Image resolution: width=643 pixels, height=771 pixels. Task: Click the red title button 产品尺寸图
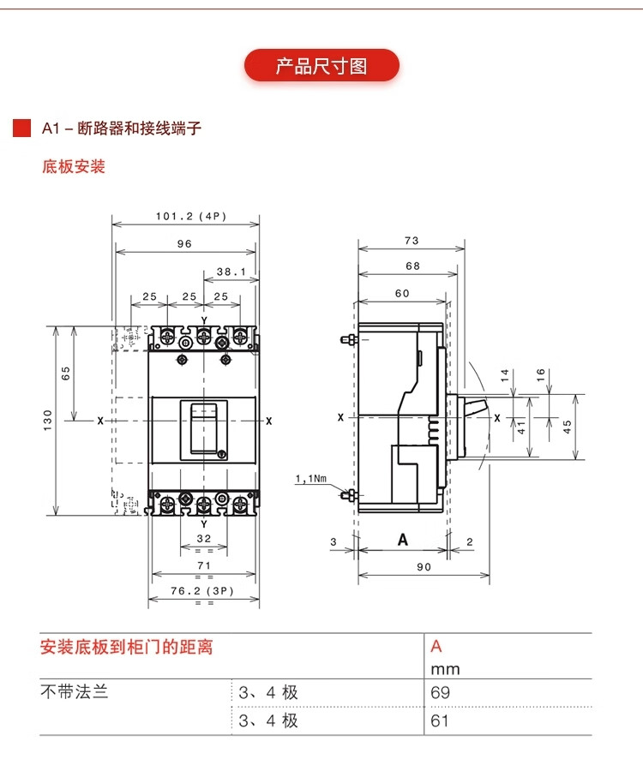(321, 66)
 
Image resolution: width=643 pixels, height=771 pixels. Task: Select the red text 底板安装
(74, 166)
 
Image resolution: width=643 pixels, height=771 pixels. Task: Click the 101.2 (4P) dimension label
(190, 216)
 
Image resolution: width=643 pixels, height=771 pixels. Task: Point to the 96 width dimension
(184, 243)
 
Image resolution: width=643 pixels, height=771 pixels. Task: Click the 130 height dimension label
(48, 420)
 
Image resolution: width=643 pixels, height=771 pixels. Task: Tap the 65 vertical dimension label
(66, 373)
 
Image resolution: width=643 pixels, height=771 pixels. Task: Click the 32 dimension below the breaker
(204, 538)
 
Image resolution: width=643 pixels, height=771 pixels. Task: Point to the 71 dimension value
(204, 565)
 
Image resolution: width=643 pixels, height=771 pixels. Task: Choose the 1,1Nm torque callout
(310, 479)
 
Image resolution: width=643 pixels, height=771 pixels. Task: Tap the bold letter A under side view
(402, 540)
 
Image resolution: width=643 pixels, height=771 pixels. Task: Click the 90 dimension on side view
(424, 566)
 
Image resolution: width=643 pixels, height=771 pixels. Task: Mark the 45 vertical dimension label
(568, 426)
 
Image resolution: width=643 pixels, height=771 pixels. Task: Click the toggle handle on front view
(204, 428)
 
